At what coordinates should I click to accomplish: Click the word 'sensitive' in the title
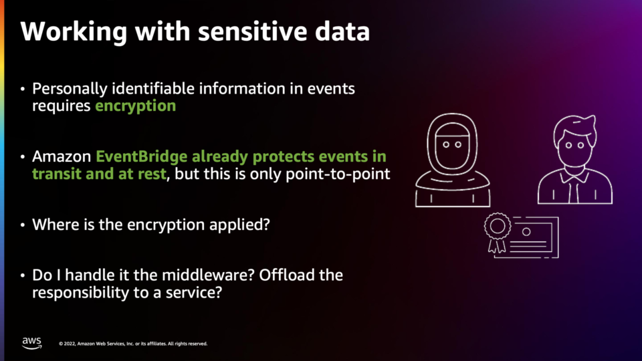[x=252, y=31]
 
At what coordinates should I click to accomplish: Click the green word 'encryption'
[x=136, y=106]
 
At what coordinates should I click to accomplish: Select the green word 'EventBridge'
[x=141, y=156]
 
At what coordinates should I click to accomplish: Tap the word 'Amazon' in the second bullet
[x=62, y=156]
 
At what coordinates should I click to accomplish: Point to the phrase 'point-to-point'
[x=338, y=174]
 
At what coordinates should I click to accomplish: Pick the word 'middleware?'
[x=209, y=275]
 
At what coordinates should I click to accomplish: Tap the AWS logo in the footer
[x=31, y=343]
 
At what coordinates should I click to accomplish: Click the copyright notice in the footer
[x=133, y=344]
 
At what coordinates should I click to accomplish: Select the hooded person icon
[x=453, y=160]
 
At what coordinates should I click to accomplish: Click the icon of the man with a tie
[x=575, y=160]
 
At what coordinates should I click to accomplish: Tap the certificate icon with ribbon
[x=521, y=235]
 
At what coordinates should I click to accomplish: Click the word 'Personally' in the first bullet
[x=70, y=89]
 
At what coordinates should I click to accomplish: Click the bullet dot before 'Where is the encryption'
[x=23, y=225]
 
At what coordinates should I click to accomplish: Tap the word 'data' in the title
[x=342, y=31]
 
